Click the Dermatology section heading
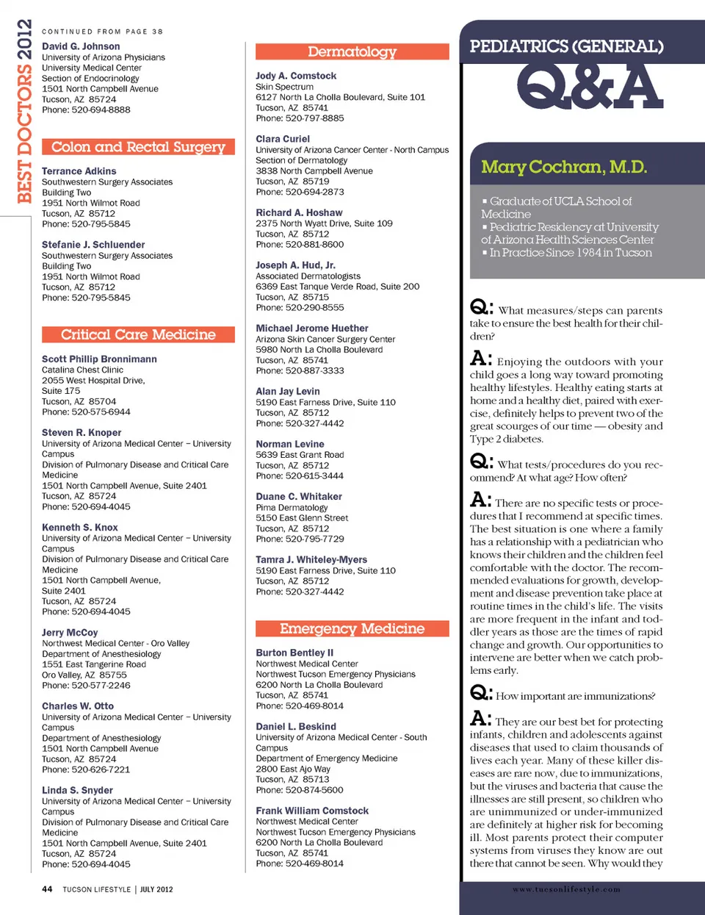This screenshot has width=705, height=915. pyautogui.click(x=352, y=51)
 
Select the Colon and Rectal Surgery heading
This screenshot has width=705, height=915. pyautogui.click(x=138, y=147)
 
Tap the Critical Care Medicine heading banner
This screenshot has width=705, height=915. pyautogui.click(x=138, y=334)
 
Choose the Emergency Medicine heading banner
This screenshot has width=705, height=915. pyautogui.click(x=352, y=628)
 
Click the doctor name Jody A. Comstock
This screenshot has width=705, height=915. pyautogui.click(x=296, y=76)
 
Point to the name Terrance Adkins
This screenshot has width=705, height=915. pyautogui.click(x=79, y=171)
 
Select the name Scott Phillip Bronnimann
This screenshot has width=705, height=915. pyautogui.click(x=99, y=359)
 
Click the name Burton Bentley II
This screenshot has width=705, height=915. pyautogui.click(x=294, y=653)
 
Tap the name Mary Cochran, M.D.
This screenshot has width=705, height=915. pyautogui.click(x=564, y=167)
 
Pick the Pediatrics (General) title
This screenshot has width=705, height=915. pyautogui.click(x=566, y=46)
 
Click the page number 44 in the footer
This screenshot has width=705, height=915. pyautogui.click(x=47, y=889)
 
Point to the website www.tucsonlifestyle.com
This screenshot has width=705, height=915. pyautogui.click(x=566, y=889)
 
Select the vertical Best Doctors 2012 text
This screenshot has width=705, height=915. pyautogui.click(x=24, y=110)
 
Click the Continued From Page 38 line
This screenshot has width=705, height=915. pyautogui.click(x=102, y=32)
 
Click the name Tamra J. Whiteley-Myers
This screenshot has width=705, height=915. pyautogui.click(x=311, y=560)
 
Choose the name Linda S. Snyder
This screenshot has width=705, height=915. pyautogui.click(x=77, y=791)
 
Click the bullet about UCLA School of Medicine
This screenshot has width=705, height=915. pyautogui.click(x=556, y=207)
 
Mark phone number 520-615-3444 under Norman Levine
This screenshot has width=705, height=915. pyautogui.click(x=314, y=476)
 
